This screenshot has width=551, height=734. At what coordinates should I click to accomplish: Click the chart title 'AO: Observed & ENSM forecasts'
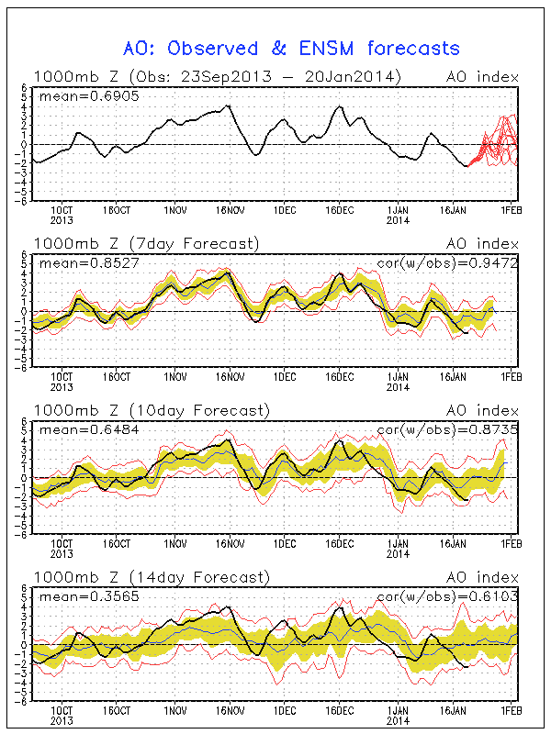click(291, 48)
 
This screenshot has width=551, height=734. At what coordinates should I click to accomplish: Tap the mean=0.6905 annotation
click(74, 95)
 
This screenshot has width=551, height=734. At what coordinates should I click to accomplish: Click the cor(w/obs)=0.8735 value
click(447, 428)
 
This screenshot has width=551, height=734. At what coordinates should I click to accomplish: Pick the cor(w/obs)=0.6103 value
click(447, 595)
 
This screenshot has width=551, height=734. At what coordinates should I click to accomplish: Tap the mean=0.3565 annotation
click(74, 595)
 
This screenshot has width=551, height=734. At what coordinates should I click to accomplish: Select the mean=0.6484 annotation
click(74, 428)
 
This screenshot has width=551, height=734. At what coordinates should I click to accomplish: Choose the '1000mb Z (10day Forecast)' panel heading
click(151, 410)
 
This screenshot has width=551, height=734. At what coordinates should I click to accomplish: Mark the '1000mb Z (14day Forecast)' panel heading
click(151, 577)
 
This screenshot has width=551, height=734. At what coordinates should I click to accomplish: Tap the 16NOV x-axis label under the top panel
click(230, 209)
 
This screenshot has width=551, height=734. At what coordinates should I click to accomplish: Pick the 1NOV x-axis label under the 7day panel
click(174, 376)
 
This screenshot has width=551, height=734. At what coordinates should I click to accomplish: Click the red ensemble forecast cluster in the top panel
click(499, 142)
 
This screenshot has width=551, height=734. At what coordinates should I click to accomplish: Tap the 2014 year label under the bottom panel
click(398, 720)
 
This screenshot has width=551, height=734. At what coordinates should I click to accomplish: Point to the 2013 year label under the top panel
click(62, 219)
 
